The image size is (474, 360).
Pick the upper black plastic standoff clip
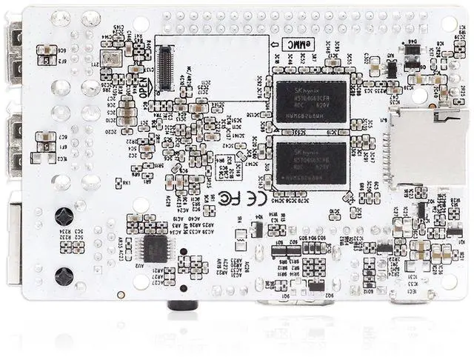[64, 216]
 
